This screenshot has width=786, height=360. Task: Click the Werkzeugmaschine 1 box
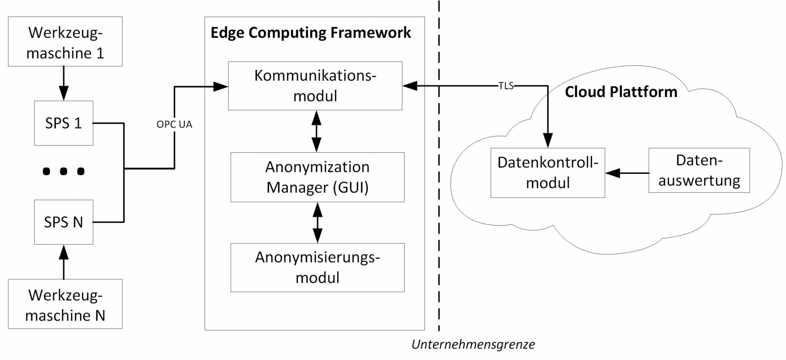click(x=65, y=42)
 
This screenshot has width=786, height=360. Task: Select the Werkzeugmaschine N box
click(x=65, y=304)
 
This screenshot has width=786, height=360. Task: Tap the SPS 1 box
click(x=64, y=123)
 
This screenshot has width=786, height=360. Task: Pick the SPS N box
click(x=64, y=222)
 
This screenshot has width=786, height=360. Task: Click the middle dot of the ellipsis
click(x=64, y=171)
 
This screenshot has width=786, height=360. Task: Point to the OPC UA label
click(x=174, y=125)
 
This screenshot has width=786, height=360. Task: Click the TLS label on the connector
click(x=506, y=86)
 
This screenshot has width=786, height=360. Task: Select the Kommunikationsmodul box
click(x=315, y=86)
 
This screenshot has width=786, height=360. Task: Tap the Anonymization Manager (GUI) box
click(x=317, y=177)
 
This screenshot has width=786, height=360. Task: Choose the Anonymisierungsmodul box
click(x=317, y=268)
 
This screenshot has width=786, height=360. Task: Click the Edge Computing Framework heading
click(x=311, y=33)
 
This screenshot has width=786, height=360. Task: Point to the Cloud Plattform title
click(x=621, y=92)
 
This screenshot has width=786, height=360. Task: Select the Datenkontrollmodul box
click(x=548, y=173)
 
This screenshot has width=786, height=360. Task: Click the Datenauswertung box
click(x=699, y=170)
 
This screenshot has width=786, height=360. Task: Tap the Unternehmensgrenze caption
click(x=473, y=345)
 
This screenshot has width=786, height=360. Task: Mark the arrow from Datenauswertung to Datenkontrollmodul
click(x=627, y=173)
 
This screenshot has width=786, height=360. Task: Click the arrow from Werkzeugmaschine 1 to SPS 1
click(x=64, y=83)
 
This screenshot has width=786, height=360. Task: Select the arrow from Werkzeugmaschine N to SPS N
click(x=64, y=262)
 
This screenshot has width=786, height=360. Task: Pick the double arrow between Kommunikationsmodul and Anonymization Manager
click(x=316, y=131)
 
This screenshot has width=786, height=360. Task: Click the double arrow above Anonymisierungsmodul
click(x=318, y=223)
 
